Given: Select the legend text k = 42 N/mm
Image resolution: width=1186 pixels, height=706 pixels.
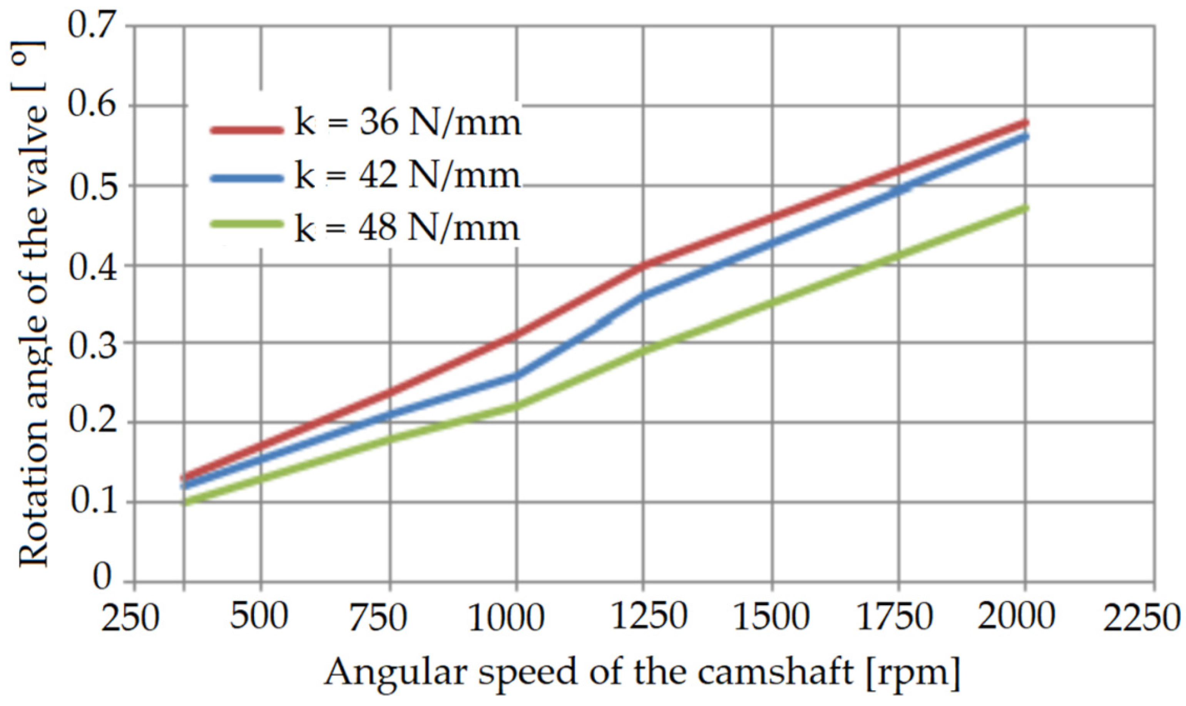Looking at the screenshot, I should (407, 176).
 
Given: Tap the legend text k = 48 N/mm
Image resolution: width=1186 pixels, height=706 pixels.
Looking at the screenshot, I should (407, 229).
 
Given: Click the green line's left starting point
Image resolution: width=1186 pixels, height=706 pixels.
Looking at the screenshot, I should (185, 502).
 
